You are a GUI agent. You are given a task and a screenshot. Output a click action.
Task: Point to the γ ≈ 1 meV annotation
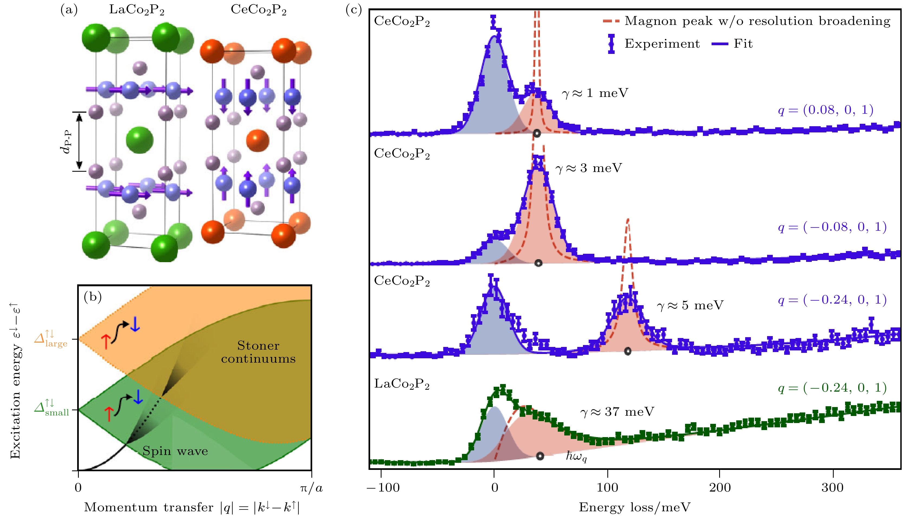click(595, 93)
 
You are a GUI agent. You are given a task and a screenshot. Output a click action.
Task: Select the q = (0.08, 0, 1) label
click(825, 110)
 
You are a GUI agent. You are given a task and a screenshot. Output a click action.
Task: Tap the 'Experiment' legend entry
click(662, 44)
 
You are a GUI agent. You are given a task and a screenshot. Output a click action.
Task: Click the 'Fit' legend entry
click(743, 44)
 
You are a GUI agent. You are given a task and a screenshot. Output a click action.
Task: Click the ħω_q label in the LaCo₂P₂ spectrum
click(576, 456)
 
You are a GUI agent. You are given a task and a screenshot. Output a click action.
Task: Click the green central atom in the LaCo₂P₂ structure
click(139, 140)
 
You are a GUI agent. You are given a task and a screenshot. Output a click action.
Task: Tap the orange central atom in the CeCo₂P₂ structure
click(258, 140)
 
